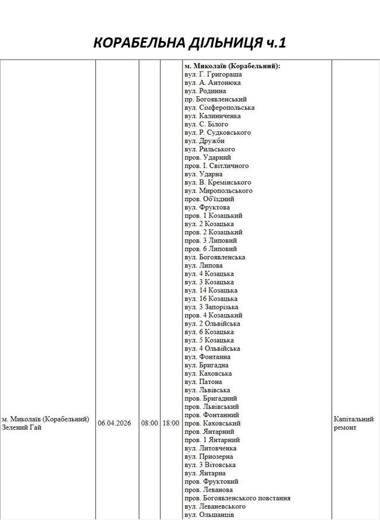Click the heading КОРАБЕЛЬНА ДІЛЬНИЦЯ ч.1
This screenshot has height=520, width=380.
[x=190, y=43]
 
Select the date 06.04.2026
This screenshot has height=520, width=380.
[x=117, y=423]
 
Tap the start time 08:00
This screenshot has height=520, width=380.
[x=149, y=423]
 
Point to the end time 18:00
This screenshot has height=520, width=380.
[x=171, y=423]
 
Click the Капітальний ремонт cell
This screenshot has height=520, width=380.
[x=354, y=423]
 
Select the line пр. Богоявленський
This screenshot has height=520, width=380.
[x=215, y=99]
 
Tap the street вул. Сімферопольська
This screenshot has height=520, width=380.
[x=219, y=108]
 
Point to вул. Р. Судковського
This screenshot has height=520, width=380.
[x=217, y=133]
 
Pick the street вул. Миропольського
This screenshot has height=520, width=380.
[x=218, y=191]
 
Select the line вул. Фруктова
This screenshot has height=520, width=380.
[x=207, y=207]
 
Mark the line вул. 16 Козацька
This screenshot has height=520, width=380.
[x=211, y=298]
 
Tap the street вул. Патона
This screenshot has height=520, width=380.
[x=203, y=382]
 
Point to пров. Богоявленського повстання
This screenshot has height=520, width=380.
[x=237, y=498]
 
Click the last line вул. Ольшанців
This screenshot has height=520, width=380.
[x=209, y=515]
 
